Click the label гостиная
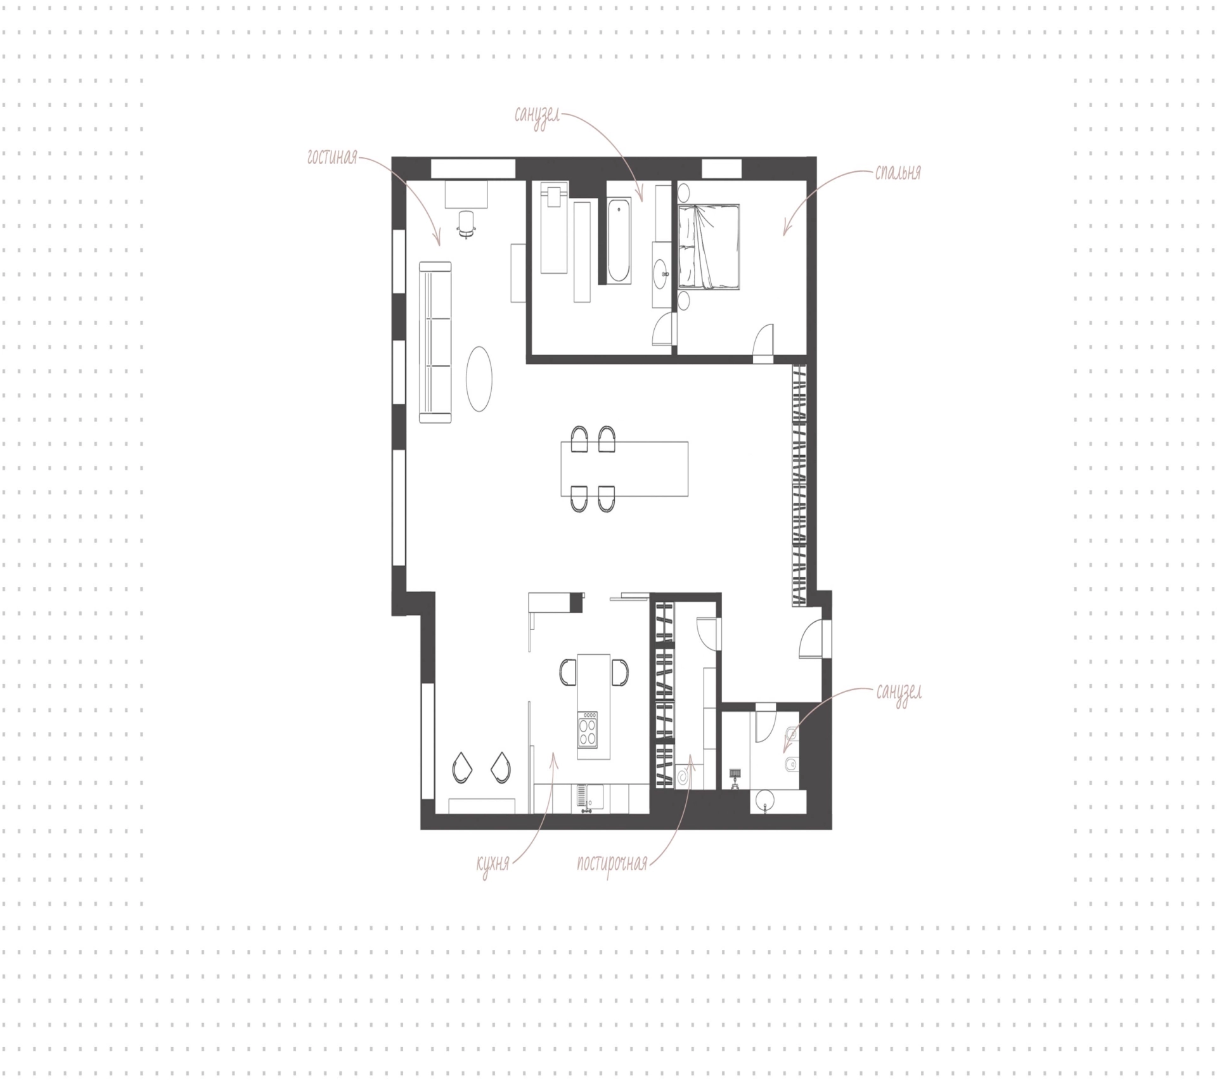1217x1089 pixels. pyautogui.click(x=332, y=157)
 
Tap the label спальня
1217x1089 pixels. pyautogui.click(x=898, y=172)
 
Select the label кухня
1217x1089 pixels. pyautogui.click(x=493, y=863)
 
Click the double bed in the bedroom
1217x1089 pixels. pyautogui.click(x=709, y=247)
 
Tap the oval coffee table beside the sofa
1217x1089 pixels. pyautogui.click(x=479, y=379)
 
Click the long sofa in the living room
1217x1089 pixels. pyautogui.click(x=435, y=342)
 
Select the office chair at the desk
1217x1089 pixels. pyautogui.click(x=467, y=224)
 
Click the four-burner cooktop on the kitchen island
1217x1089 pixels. pyautogui.click(x=588, y=730)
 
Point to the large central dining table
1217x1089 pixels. pyautogui.click(x=624, y=468)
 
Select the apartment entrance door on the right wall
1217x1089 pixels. pyautogui.click(x=812, y=640)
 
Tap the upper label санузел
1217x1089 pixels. pyautogui.click(x=538, y=117)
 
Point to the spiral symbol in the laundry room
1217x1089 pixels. pyautogui.click(x=684, y=776)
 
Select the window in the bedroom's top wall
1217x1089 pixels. pyautogui.click(x=721, y=169)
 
